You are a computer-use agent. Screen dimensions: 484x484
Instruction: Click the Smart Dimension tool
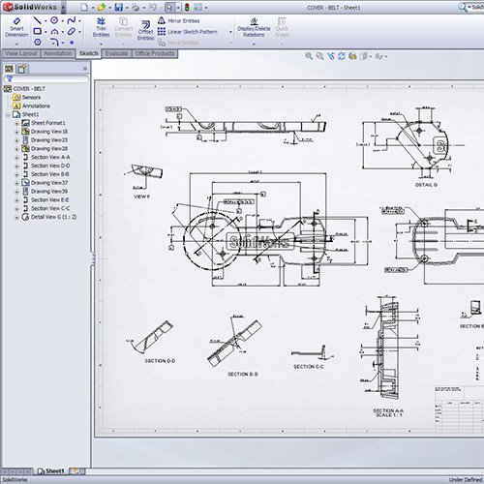(16, 30)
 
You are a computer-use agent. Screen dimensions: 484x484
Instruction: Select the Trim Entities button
(99, 30)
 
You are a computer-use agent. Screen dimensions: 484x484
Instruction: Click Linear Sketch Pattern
(191, 31)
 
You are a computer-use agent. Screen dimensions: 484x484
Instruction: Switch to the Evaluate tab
(116, 53)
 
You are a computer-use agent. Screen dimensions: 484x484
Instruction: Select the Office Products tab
(154, 53)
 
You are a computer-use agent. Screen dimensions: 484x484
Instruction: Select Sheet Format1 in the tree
(47, 123)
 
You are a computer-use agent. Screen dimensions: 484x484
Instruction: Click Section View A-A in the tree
(49, 157)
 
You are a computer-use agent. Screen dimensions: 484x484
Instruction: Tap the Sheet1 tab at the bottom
(55, 471)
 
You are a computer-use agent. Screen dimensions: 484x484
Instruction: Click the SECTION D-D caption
(160, 360)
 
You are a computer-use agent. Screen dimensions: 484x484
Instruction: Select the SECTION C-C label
(308, 366)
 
